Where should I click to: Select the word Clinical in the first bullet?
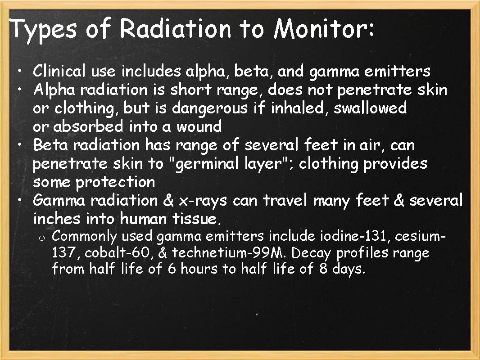click(x=59, y=71)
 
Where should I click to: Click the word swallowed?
click(x=370, y=108)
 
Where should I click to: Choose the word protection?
click(x=115, y=182)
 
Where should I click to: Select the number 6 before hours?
click(x=172, y=269)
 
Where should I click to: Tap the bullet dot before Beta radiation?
click(x=20, y=145)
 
